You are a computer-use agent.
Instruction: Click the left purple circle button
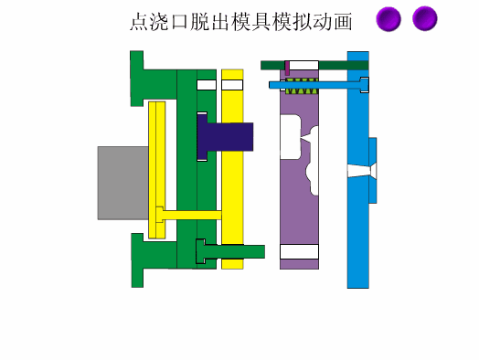tap(389, 18)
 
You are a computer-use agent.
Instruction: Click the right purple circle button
tap(424, 18)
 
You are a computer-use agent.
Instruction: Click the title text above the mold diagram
tap(240, 21)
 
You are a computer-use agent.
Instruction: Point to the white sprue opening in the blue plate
tap(359, 171)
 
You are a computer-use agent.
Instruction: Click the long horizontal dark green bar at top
tap(314, 65)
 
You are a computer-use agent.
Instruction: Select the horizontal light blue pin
tap(320, 85)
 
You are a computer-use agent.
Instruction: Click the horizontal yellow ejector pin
tap(192, 216)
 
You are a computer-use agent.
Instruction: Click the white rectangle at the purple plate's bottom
tap(299, 251)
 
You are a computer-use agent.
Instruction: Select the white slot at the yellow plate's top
tap(233, 85)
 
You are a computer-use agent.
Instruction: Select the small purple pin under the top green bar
tap(287, 69)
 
